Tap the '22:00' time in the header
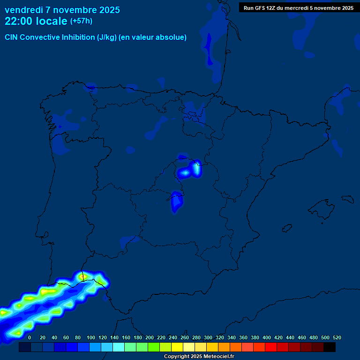(x=19, y=21)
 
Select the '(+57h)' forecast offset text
(x=81, y=21)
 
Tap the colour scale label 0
(x=30, y=337)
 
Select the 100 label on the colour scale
(x=91, y=337)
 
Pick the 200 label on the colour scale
(x=150, y=337)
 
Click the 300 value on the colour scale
(x=208, y=337)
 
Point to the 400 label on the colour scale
(x=267, y=337)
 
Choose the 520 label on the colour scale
(x=337, y=337)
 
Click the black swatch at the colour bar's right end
(x=330, y=347)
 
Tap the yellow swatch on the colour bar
(x=177, y=347)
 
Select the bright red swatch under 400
(x=271, y=347)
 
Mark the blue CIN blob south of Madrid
(x=177, y=202)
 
